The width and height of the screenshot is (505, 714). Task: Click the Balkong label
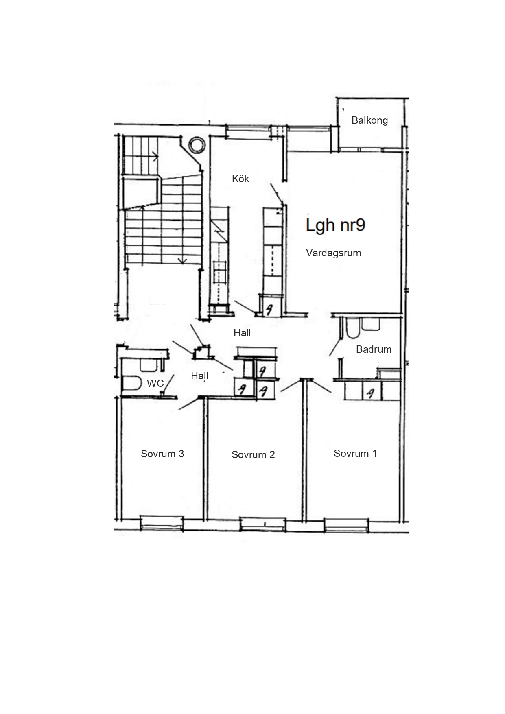[x=369, y=120]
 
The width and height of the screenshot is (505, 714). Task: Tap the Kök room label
[x=240, y=179]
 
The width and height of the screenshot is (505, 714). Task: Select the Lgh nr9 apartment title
[x=336, y=225]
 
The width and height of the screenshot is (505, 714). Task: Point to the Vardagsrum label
[x=333, y=253]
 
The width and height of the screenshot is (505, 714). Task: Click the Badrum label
[x=374, y=349]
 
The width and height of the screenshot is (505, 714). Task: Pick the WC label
[x=155, y=383]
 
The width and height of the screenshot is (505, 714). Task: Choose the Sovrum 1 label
[x=355, y=453]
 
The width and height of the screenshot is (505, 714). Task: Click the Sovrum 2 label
[x=253, y=454]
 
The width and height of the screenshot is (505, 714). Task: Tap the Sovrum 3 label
[x=162, y=454]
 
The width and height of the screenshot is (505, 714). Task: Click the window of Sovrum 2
[x=263, y=524]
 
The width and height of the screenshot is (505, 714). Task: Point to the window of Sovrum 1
[x=346, y=524]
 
